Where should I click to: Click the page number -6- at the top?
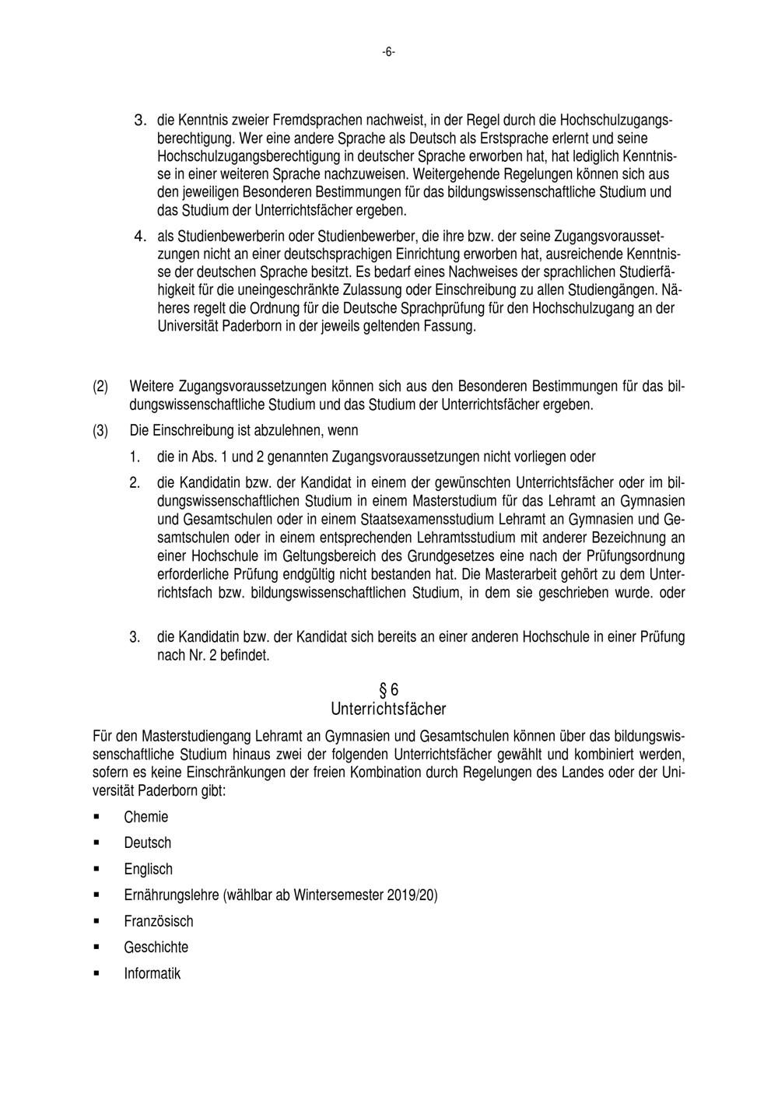[388, 52]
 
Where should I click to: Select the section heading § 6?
[388, 689]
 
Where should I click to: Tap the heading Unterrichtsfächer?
[388, 709]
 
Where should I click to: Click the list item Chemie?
[145, 817]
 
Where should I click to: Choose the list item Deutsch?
[147, 843]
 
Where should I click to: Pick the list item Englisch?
[148, 869]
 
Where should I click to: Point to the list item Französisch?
[158, 921]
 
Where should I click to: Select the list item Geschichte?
[156, 947]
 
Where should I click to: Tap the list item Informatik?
[152, 973]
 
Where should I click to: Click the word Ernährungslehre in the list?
[171, 895]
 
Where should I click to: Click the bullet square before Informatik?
[97, 972]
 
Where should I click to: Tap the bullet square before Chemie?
[97, 816]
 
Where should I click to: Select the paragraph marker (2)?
[100, 386]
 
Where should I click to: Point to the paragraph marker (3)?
[100, 430]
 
